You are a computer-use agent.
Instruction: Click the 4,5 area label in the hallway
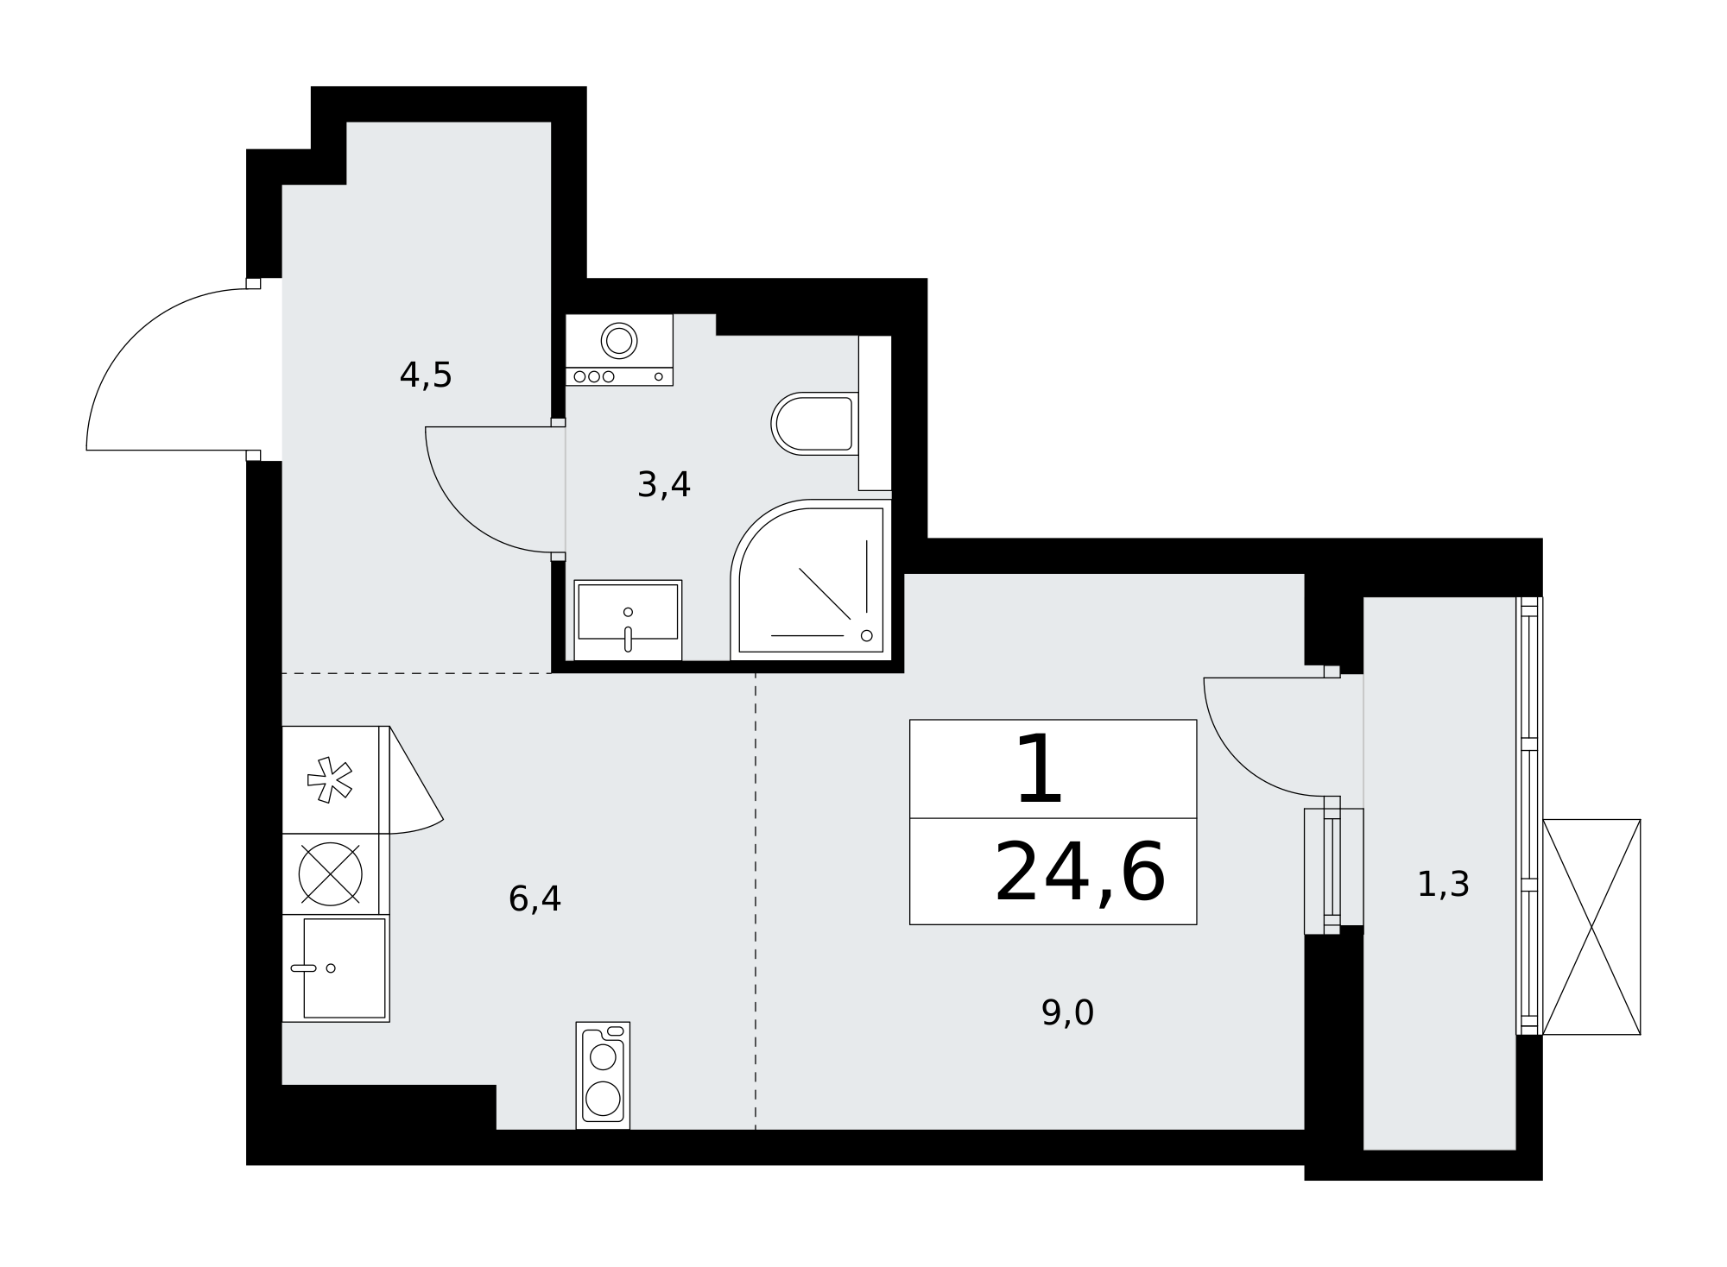[426, 375]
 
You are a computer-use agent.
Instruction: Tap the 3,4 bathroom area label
[664, 485]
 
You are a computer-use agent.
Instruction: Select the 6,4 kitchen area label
[535, 899]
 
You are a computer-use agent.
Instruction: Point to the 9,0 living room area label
[1067, 1013]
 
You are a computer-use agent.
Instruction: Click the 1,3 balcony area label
[1443, 885]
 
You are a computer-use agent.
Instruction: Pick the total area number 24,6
[1079, 873]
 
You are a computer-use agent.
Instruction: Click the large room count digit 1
[1039, 769]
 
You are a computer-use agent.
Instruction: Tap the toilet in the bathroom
[814, 424]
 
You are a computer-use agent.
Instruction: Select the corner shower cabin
[810, 579]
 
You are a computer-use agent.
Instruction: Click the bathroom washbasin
[628, 620]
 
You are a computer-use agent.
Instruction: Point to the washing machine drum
[619, 341]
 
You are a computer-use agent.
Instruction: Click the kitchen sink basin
[344, 968]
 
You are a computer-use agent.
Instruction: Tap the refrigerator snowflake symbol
[330, 780]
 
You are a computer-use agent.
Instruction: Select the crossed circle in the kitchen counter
[330, 874]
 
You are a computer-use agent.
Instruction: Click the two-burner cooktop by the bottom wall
[603, 1075]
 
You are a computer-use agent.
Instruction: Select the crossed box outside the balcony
[1591, 927]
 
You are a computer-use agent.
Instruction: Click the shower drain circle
[867, 636]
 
